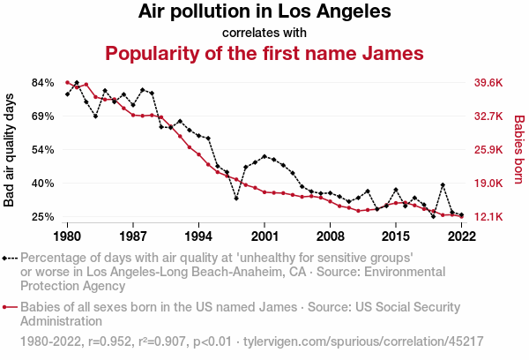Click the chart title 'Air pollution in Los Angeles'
coord(264,12)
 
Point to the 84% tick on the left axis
coord(43,83)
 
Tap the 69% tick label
coord(43,116)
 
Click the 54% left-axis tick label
coord(43,150)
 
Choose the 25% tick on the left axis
coord(43,217)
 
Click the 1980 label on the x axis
coord(68,236)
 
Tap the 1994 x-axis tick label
coord(199,236)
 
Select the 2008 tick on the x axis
coord(331,236)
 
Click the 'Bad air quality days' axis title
coord(10,150)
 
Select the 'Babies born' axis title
coord(518,150)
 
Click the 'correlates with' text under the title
coord(264,33)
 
